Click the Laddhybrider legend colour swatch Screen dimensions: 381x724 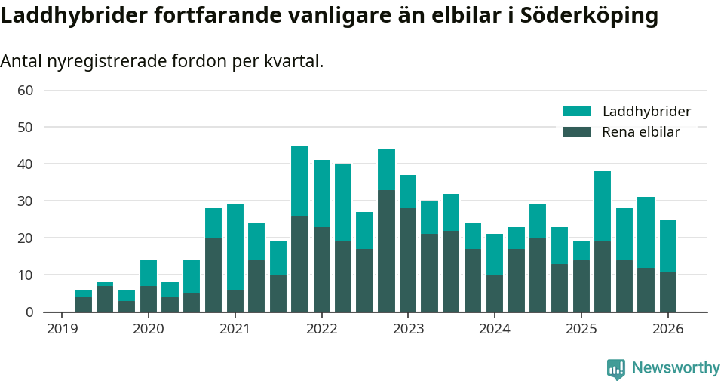(x=577, y=112)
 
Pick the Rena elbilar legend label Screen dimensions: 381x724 (x=641, y=132)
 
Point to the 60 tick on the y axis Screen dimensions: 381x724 (x=25, y=91)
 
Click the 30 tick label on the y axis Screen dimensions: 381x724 (x=25, y=201)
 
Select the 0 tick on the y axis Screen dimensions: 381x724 (x=29, y=312)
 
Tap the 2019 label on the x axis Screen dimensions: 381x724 (x=62, y=329)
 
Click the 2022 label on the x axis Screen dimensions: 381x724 (x=321, y=329)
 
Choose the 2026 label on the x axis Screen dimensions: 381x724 (x=667, y=329)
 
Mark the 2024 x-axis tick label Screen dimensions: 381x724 (x=495, y=329)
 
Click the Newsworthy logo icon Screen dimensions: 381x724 (x=616, y=368)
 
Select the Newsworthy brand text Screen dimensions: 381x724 (x=676, y=368)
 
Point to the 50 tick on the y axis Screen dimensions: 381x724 (x=25, y=128)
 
